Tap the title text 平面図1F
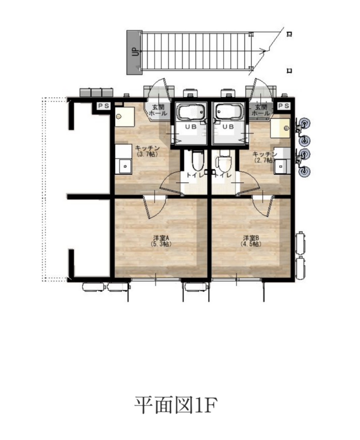pyautogui.click(x=176, y=405)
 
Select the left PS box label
pyautogui.click(x=104, y=106)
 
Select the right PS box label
pyautogui.click(x=284, y=106)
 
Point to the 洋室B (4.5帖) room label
pyautogui.click(x=251, y=241)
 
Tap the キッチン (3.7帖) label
pyautogui.click(x=147, y=151)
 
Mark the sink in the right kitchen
pyautogui.click(x=281, y=166)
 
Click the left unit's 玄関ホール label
pyautogui.click(x=158, y=110)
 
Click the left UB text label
pyautogui.click(x=190, y=127)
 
